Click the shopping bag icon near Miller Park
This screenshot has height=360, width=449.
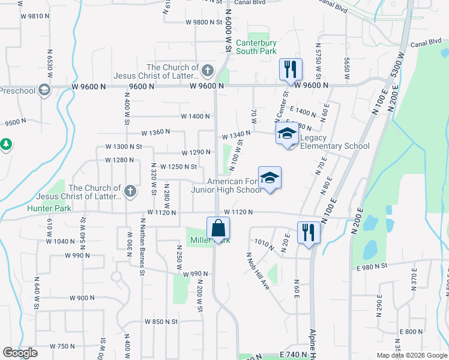218,229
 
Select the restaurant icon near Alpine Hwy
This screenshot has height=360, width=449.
309,232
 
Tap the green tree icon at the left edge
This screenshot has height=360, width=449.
6,145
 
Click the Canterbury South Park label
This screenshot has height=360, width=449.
256,47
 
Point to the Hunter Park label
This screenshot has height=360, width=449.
49,208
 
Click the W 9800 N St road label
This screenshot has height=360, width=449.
204,22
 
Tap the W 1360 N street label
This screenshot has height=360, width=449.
155,132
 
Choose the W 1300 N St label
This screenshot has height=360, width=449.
123,146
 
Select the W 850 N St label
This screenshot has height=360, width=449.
161,322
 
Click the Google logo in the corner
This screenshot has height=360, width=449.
20,352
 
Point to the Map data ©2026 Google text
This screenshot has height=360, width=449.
411,355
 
